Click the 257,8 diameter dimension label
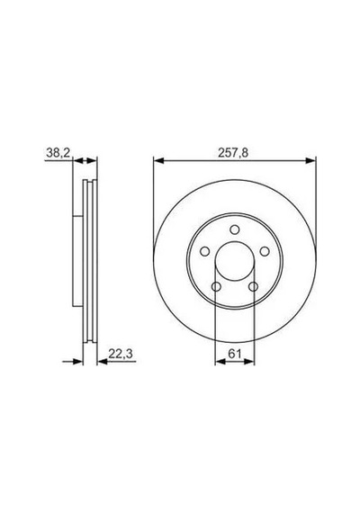pyautogui.click(x=233, y=153)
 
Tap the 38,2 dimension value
pyautogui.click(x=58, y=153)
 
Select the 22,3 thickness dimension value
pyautogui.click(x=120, y=354)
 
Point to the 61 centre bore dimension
pyautogui.click(x=234, y=354)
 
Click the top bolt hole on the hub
pyautogui.click(x=234, y=229)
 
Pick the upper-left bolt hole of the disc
pyautogui.click(x=205, y=252)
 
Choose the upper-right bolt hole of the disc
pyautogui.click(x=265, y=252)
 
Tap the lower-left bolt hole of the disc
pyautogui.click(x=216, y=287)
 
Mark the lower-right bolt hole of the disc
pyautogui.click(x=253, y=287)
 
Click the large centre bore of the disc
pyautogui.click(x=235, y=261)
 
